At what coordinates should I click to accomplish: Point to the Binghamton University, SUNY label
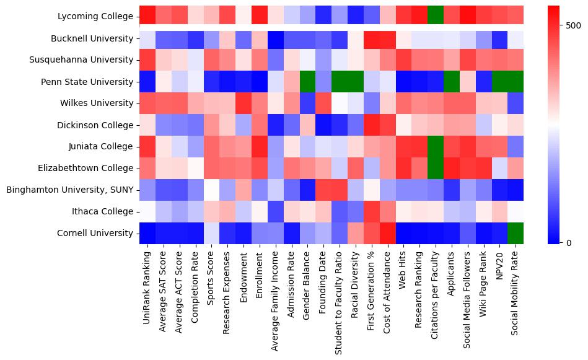tap(69, 190)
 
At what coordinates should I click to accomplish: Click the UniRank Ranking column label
tap(147, 282)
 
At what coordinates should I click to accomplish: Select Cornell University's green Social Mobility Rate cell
tap(515, 233)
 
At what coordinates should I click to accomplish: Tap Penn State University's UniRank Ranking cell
tap(147, 81)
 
